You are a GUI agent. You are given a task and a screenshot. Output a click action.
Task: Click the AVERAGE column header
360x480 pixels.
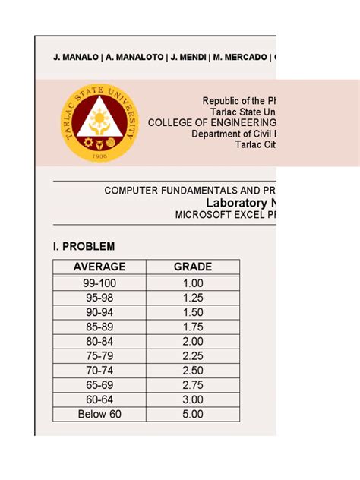pyautogui.click(x=99, y=267)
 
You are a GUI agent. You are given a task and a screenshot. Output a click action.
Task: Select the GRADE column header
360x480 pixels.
pyautogui.click(x=193, y=267)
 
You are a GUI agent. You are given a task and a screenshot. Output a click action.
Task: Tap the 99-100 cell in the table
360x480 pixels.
pyautogui.click(x=99, y=283)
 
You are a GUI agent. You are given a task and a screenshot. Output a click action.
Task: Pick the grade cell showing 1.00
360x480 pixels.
pyautogui.click(x=193, y=283)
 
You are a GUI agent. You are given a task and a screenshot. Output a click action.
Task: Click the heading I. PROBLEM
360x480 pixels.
pyautogui.click(x=84, y=246)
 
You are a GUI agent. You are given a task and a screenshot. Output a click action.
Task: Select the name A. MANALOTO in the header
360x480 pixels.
pyautogui.click(x=133, y=57)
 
